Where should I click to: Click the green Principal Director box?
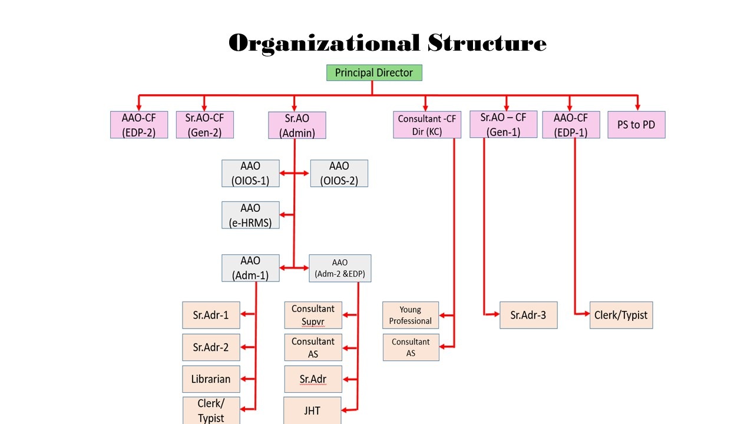click(374, 73)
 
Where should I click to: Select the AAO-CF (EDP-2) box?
click(139, 125)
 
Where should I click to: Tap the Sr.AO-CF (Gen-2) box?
click(204, 125)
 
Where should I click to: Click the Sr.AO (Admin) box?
click(297, 125)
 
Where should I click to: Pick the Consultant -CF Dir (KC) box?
click(426, 125)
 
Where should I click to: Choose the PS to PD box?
click(636, 125)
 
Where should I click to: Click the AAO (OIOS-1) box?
click(250, 173)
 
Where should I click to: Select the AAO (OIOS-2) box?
click(339, 173)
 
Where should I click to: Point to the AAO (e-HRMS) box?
click(250, 216)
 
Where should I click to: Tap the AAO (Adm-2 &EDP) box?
click(340, 268)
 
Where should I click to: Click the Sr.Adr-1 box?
click(211, 315)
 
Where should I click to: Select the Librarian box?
click(211, 379)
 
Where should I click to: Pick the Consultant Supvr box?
click(313, 315)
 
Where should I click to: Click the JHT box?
click(313, 410)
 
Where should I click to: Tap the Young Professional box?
click(411, 315)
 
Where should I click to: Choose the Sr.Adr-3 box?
click(528, 315)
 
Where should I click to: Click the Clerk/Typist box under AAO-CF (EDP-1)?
click(621, 315)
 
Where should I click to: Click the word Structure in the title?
click(487, 43)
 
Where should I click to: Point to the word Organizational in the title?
click(323, 43)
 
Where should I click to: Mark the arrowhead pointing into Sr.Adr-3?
click(495, 315)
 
